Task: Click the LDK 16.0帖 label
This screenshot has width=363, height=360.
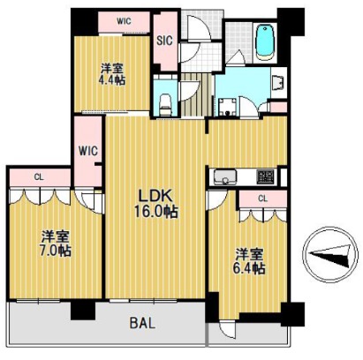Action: pos(156,203)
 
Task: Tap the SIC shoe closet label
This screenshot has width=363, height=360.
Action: pos(164,41)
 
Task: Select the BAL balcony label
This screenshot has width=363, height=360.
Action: pos(142,324)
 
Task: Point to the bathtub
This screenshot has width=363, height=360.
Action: pos(265,42)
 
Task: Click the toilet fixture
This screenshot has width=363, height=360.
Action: pos(165,104)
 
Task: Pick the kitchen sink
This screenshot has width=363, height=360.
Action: pos(225,177)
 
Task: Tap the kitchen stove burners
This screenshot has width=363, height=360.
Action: pos(266,176)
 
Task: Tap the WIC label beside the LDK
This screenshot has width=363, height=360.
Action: pos(88,151)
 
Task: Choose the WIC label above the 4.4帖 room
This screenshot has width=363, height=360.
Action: pos(124,21)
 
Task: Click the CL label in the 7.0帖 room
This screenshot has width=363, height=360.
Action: pos(39,177)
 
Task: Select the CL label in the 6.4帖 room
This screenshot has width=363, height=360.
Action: pos(262,199)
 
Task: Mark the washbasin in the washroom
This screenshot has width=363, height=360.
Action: pos(277,82)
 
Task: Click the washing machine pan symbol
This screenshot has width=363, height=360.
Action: pos(227,108)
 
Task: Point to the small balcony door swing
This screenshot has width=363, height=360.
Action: pos(228,329)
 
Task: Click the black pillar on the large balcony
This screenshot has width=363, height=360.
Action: pos(83,311)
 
